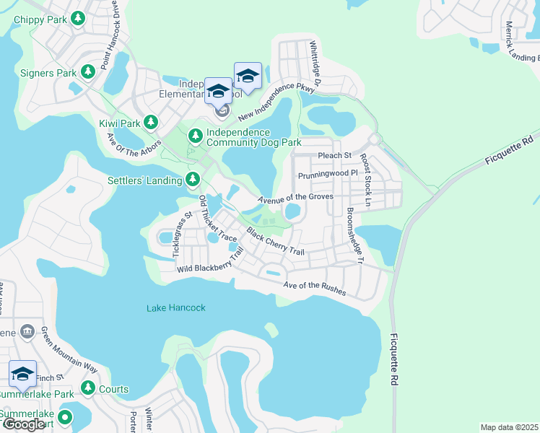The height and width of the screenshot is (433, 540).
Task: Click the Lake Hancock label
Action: click(x=176, y=308)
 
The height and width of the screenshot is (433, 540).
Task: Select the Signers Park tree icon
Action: click(x=87, y=71)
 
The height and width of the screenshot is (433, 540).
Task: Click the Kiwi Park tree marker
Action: click(x=151, y=122)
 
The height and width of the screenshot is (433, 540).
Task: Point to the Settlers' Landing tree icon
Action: click(x=192, y=179)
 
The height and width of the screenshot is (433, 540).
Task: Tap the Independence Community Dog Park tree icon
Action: click(x=196, y=135)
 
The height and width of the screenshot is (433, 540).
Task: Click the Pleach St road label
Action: click(x=334, y=155)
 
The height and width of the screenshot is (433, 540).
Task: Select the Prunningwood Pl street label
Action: click(x=328, y=174)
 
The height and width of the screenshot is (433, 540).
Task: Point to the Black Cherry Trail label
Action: click(x=275, y=242)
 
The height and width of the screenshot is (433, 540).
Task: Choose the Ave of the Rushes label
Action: click(x=315, y=289)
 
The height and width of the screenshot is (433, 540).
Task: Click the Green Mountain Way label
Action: click(x=69, y=350)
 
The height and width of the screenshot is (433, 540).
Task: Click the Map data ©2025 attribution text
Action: click(x=509, y=427)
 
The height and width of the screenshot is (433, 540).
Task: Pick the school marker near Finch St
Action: click(x=22, y=375)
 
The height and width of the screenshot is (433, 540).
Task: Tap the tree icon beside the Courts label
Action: click(x=88, y=389)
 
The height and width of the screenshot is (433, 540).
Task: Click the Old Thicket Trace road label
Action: click(x=217, y=219)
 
